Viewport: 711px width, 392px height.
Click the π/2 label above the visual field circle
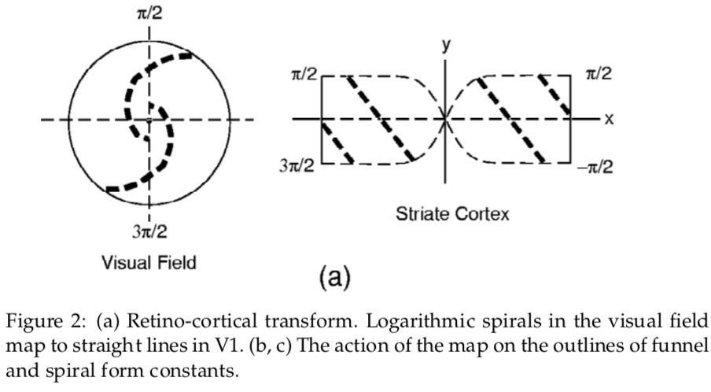coord(149,13)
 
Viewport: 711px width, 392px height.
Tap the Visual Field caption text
coord(148,262)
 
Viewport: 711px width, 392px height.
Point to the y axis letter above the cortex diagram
coord(446,45)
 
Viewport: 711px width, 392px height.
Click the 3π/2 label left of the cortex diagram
coord(300,167)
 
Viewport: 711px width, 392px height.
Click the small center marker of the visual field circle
coord(149,119)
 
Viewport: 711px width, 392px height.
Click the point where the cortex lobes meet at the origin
coord(445,119)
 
